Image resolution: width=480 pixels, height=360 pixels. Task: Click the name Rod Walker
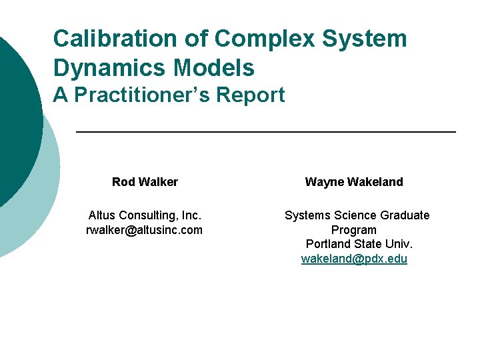click(x=145, y=182)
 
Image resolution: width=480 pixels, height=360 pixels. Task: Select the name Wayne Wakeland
click(x=354, y=182)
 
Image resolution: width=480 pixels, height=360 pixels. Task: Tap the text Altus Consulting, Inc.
click(x=145, y=215)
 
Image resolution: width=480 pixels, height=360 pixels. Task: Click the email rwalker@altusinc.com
click(x=145, y=230)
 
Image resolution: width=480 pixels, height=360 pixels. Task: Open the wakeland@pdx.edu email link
click(x=354, y=259)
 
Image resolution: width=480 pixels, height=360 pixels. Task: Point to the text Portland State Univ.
click(x=359, y=245)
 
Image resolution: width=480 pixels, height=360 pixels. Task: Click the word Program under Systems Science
click(x=354, y=230)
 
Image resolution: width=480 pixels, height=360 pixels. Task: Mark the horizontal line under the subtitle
click(x=267, y=133)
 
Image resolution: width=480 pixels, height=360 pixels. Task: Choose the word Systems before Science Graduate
click(x=306, y=215)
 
